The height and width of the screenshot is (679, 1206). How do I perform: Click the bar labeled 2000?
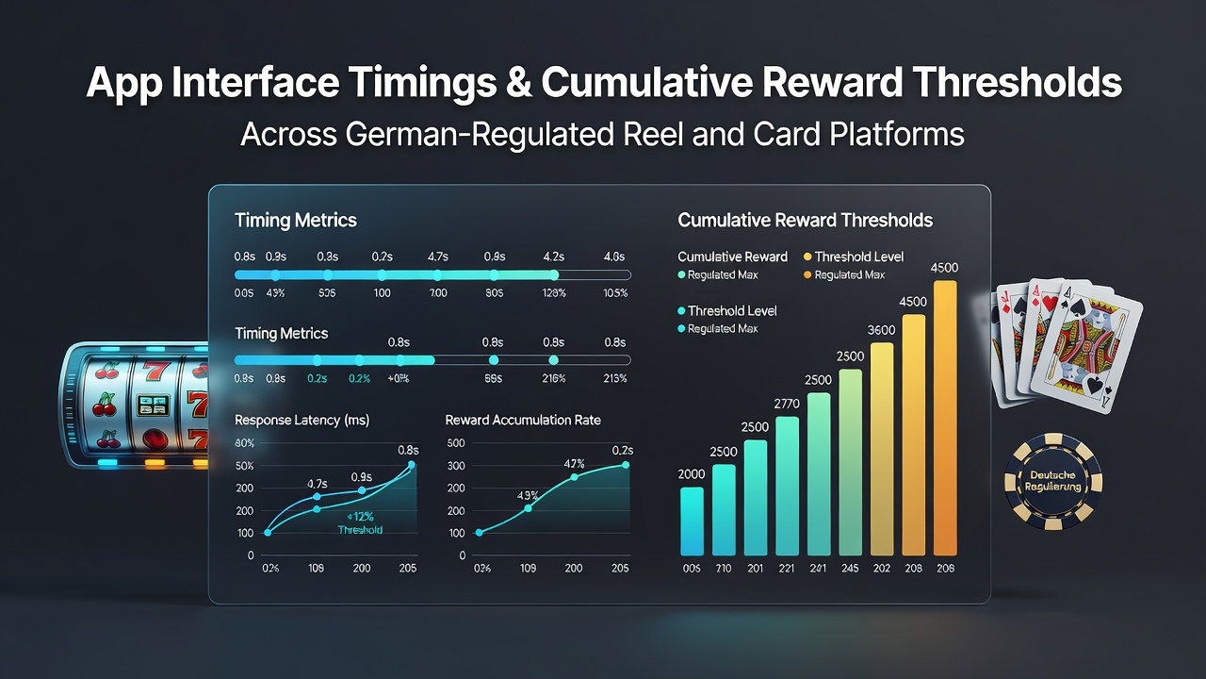tap(692, 522)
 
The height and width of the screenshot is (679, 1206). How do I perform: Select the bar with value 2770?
tap(787, 486)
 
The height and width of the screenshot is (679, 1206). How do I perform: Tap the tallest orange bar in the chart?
tap(945, 418)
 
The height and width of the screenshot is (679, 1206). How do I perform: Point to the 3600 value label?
tap(881, 330)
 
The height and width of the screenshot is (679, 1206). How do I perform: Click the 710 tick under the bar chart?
tap(723, 568)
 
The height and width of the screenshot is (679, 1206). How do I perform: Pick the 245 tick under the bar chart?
tap(850, 568)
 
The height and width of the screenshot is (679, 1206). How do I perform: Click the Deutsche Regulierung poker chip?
tap(1052, 481)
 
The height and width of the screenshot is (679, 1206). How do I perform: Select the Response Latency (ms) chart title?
tap(302, 421)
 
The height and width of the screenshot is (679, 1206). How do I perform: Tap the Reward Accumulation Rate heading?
tap(523, 421)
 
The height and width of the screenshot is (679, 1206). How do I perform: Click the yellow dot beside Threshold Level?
tap(807, 257)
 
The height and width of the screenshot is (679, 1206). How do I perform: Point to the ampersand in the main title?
tap(518, 82)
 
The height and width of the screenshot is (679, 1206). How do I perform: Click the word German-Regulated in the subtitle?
tap(481, 134)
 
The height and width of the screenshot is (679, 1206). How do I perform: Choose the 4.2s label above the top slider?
tap(553, 257)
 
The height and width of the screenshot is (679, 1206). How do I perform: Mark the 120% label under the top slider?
tap(553, 293)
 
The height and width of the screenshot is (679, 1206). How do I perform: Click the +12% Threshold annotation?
tap(360, 523)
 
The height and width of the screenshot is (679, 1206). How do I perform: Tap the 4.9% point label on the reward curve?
tap(528, 495)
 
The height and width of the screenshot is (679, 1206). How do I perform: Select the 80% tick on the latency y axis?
tap(244, 443)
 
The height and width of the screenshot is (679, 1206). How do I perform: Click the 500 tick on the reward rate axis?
tap(455, 443)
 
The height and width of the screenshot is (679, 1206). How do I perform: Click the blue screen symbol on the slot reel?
tap(153, 406)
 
